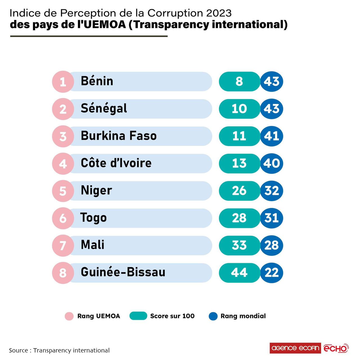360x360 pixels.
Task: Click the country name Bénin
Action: (97, 81)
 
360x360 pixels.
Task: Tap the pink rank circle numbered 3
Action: (63, 136)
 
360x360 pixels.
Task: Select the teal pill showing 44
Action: (239, 273)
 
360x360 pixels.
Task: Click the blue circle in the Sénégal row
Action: (272, 109)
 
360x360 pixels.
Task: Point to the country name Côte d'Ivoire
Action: (116, 163)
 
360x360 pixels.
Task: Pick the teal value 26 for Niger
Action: (239, 191)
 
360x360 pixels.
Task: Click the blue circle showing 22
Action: (272, 273)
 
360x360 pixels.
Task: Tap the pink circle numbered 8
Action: (63, 273)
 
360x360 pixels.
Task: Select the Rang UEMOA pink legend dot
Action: (69, 316)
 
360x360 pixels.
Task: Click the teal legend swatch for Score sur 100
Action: (138, 316)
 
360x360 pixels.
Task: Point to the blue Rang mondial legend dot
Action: (213, 316)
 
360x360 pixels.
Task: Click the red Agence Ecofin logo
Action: (295, 348)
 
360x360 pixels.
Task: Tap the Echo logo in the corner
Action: (336, 348)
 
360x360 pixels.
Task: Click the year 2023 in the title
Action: (219, 13)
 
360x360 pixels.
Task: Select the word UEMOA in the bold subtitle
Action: (105, 24)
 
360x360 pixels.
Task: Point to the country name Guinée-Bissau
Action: (123, 272)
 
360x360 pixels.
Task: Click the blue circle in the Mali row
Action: (272, 245)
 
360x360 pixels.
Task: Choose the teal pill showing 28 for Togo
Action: (239, 218)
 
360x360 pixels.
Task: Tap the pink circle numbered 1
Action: (63, 82)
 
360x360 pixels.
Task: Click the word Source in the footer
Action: (19, 350)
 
